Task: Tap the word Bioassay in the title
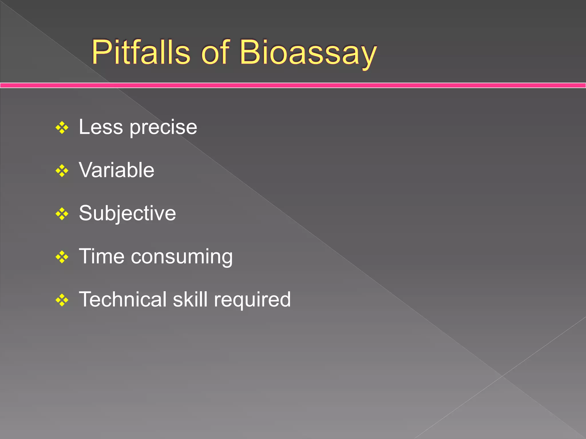(x=308, y=53)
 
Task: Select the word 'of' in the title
(x=215, y=53)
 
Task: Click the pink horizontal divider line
(x=293, y=85)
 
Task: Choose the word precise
(x=163, y=128)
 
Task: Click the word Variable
(x=116, y=170)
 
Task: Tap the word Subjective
(x=127, y=213)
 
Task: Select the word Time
(x=102, y=256)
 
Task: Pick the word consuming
(x=182, y=257)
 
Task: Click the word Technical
(x=123, y=299)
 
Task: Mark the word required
(x=252, y=300)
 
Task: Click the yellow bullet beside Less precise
(x=62, y=128)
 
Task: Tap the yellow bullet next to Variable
(x=62, y=171)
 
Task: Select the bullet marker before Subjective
(x=62, y=214)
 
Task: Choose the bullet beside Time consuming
(x=62, y=257)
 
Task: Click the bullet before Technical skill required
(x=62, y=300)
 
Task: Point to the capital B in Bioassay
(x=250, y=52)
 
